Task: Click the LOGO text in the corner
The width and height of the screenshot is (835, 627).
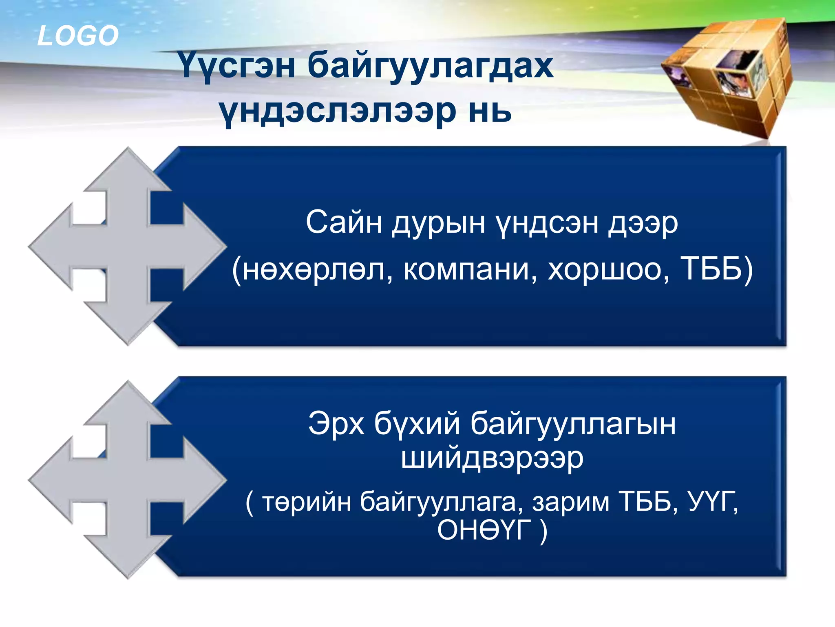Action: (77, 36)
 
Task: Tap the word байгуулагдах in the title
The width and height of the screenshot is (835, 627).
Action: (430, 66)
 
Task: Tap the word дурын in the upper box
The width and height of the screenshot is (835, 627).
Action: (438, 224)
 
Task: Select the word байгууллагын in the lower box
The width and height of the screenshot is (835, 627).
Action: (573, 425)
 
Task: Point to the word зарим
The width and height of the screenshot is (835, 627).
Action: (570, 502)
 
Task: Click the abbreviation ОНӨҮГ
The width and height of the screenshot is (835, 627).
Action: (484, 530)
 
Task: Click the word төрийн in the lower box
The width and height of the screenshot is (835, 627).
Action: (306, 502)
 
